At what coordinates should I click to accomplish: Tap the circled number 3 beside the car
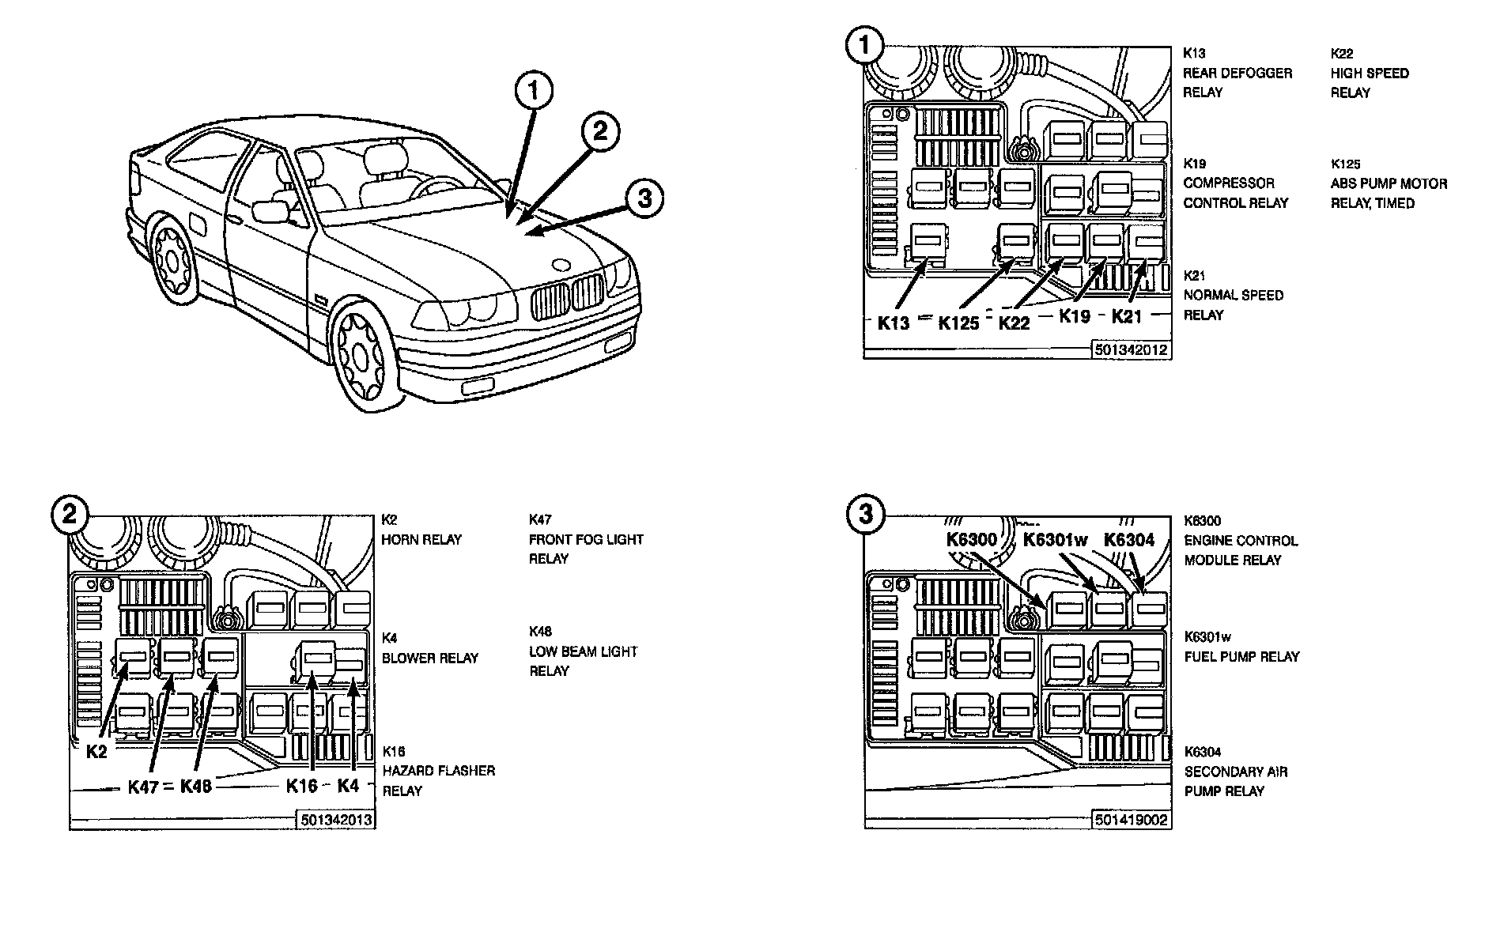[x=644, y=198]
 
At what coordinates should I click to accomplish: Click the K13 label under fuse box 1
[x=894, y=322]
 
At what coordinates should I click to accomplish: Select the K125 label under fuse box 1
[x=958, y=323]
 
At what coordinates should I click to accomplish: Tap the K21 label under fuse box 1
[x=1128, y=316]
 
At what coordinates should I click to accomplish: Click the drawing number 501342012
[x=1132, y=349]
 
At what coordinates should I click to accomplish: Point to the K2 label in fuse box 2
[x=96, y=752]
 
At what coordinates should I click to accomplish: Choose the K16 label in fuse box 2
[x=301, y=785]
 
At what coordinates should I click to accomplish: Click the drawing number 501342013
[x=335, y=820]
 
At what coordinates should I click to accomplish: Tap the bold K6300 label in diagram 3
[x=972, y=540]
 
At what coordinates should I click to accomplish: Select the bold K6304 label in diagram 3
[x=1129, y=540]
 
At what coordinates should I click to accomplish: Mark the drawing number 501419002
[x=1132, y=820]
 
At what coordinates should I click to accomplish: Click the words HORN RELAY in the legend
[x=421, y=539]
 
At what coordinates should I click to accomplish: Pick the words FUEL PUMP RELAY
[x=1241, y=656]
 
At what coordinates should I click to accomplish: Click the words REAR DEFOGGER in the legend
[x=1237, y=73]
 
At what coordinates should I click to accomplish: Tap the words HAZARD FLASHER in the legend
[x=439, y=770]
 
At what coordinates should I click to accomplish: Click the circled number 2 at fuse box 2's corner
[x=70, y=515]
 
